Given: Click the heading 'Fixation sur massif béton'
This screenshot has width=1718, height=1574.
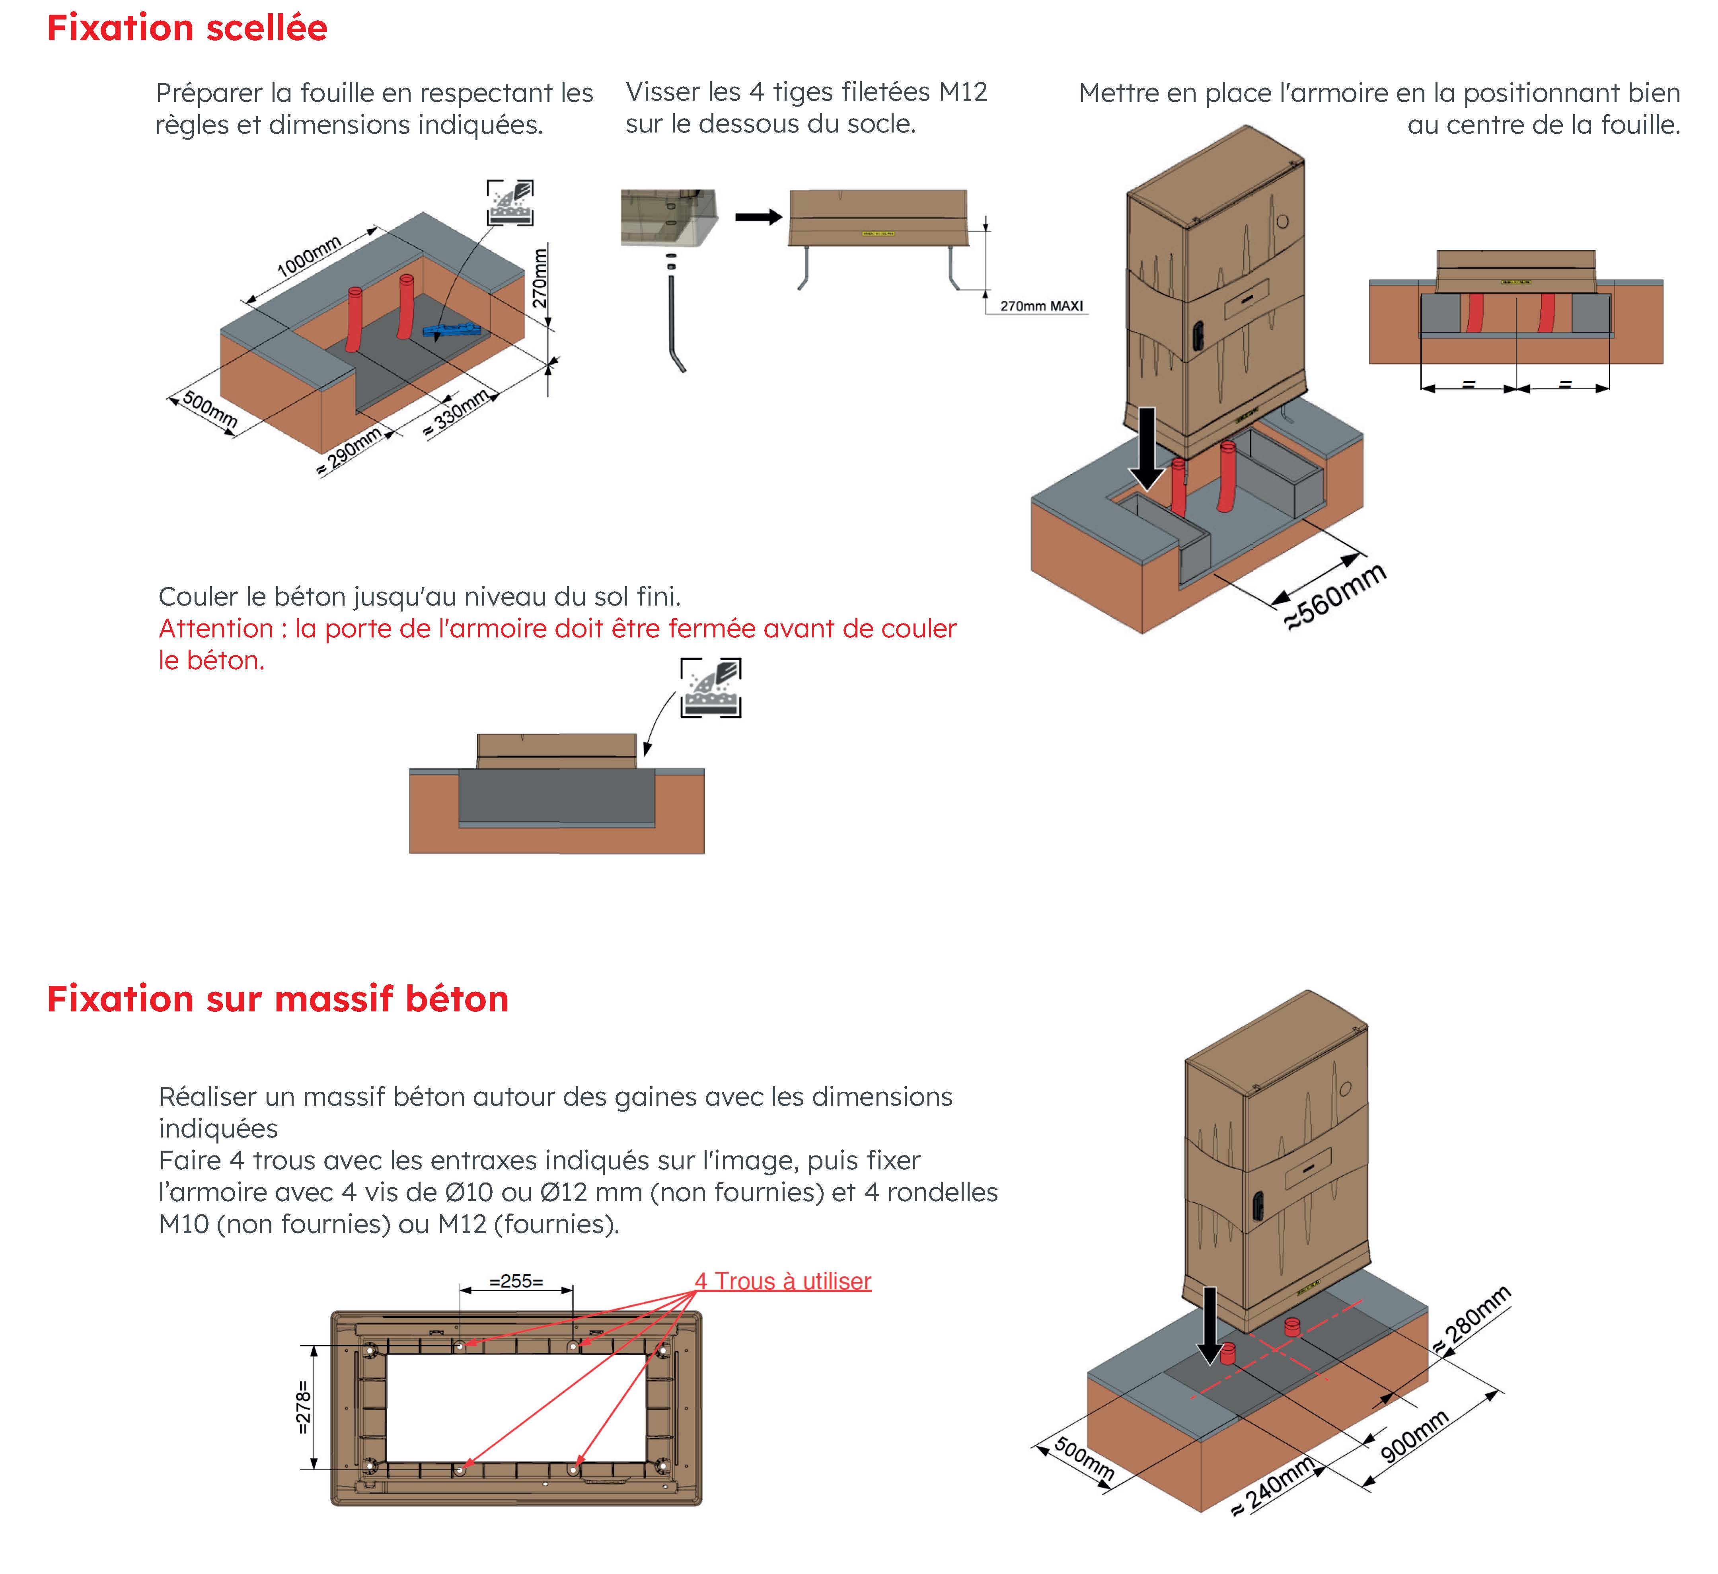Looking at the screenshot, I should tap(278, 999).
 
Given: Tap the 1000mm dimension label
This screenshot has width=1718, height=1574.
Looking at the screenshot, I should tap(308, 256).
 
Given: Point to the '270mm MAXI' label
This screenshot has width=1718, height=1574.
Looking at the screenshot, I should tap(1041, 306).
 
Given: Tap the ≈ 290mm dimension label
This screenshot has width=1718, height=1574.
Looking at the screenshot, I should tap(349, 452).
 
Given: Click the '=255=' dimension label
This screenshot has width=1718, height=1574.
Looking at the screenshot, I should tap(516, 1281).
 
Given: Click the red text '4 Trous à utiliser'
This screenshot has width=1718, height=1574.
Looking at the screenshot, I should tap(782, 1281).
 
